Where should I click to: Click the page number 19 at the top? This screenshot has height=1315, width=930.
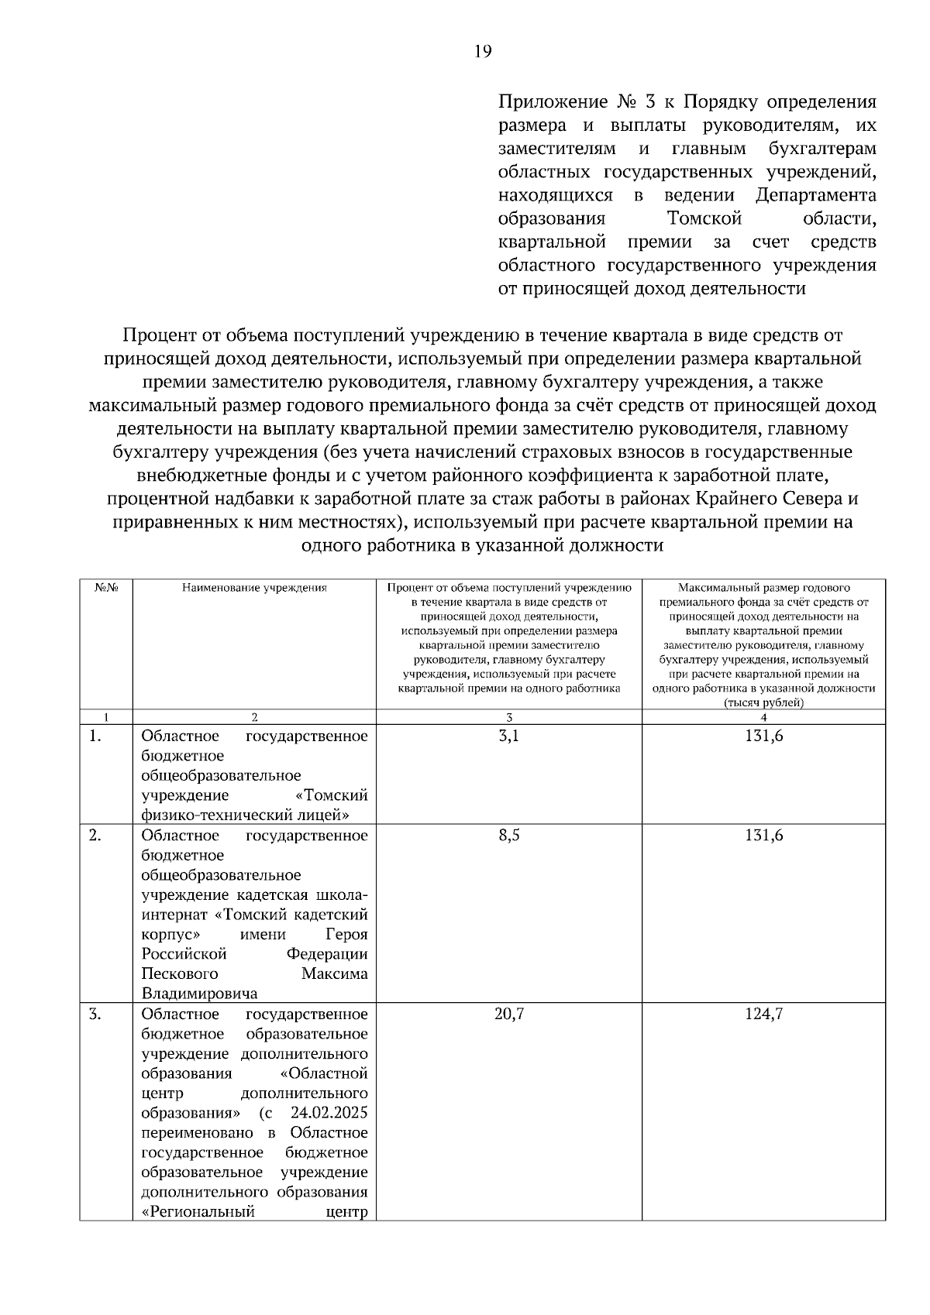pos(482,52)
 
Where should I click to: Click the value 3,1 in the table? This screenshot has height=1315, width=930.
pos(508,736)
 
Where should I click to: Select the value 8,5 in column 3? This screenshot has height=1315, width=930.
pos(508,836)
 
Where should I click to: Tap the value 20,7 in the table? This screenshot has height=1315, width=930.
pos(508,1014)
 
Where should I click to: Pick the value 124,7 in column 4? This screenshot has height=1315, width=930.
pos(763,1014)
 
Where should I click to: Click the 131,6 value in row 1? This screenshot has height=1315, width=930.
pos(763,736)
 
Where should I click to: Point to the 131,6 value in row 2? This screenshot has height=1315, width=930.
pos(763,836)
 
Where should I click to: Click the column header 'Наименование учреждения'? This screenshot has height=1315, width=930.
pos(254,588)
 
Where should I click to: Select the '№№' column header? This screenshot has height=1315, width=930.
pos(106,588)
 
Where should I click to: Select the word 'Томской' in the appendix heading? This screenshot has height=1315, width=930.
pos(704,219)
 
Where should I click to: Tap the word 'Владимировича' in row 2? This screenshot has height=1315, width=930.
pos(199,994)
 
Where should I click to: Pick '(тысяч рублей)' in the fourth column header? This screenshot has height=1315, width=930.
pos(763,703)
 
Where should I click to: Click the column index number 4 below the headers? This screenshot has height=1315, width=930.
pos(763,717)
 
